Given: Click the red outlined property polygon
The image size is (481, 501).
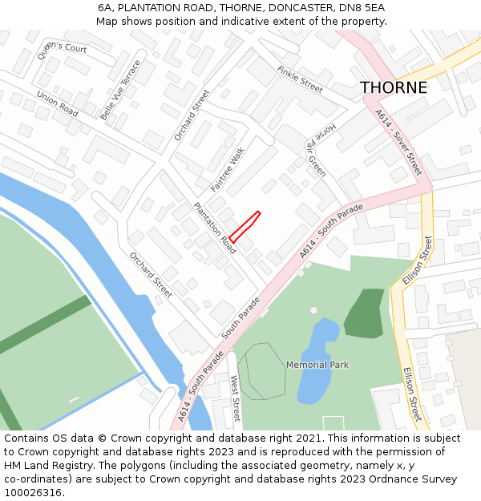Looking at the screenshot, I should (x=245, y=226).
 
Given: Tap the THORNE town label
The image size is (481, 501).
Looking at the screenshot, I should (x=393, y=88).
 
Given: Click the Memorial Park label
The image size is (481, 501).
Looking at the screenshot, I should (x=317, y=365).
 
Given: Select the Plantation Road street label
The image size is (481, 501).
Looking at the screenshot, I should (x=215, y=228).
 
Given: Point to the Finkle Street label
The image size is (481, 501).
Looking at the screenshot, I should (x=299, y=79).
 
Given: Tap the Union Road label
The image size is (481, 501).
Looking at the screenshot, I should (x=57, y=103).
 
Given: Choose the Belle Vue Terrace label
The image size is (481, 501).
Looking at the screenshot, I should (x=120, y=90).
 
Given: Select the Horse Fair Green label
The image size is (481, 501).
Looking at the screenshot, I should (x=316, y=149).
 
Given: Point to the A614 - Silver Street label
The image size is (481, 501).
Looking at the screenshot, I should (x=398, y=143).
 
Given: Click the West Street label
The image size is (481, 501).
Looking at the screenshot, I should (x=235, y=398).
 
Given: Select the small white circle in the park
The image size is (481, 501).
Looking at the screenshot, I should (x=313, y=309).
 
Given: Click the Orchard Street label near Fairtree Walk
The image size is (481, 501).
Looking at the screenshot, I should (x=191, y=115).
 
